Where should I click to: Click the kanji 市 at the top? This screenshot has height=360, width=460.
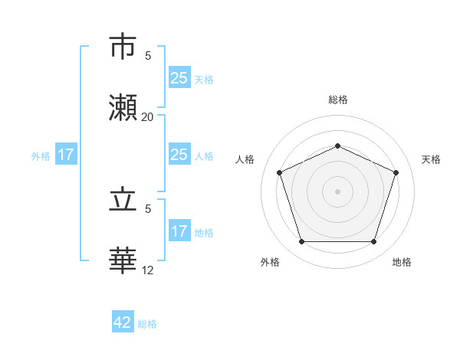click(x=124, y=47)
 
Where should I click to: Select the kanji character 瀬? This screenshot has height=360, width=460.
click(x=124, y=108)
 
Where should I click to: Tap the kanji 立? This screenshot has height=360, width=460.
click(x=124, y=200)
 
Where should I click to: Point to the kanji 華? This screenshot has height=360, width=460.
click(x=124, y=260)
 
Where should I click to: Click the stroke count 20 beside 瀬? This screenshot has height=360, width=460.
click(x=147, y=117)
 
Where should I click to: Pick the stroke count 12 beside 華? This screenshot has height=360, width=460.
click(x=147, y=270)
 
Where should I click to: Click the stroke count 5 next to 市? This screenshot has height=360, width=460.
click(x=148, y=56)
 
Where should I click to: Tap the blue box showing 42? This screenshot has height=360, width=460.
click(x=123, y=322)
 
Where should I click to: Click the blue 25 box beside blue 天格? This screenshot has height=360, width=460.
click(x=179, y=78)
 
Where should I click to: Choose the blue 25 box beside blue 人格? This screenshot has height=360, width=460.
click(x=179, y=155)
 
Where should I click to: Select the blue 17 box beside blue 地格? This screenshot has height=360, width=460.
click(x=179, y=231)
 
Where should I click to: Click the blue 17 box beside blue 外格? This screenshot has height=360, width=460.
click(x=65, y=155)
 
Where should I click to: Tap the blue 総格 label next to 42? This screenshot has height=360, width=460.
click(x=147, y=324)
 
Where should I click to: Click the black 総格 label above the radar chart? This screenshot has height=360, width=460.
click(x=338, y=100)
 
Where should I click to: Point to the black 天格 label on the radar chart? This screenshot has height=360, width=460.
click(x=431, y=159)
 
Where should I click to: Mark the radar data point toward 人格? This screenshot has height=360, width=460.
click(x=280, y=172)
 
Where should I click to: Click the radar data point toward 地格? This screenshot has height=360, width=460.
click(x=373, y=241)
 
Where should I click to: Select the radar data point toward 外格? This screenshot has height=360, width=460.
click(x=301, y=241)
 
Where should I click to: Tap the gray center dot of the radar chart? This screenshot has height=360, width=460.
click(x=338, y=191)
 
